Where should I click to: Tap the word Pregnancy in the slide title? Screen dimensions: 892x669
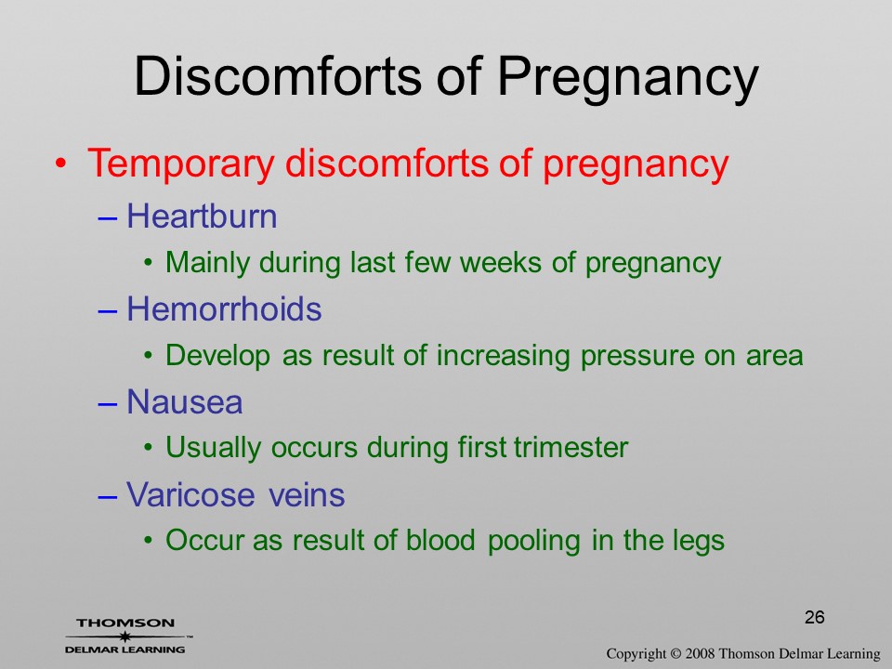628,80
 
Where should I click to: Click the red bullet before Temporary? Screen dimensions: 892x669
60,164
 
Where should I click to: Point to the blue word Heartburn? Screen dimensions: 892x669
202,216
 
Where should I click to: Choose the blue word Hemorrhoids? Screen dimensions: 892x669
224,308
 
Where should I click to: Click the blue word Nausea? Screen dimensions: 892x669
184,402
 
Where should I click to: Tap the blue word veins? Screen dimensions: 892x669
307,494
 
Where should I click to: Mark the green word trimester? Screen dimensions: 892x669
571,447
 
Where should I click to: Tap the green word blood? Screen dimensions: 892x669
440,540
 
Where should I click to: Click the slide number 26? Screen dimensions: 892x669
815,617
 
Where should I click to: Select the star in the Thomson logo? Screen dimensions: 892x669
125,636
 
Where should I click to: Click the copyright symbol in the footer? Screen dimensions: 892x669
676,654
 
